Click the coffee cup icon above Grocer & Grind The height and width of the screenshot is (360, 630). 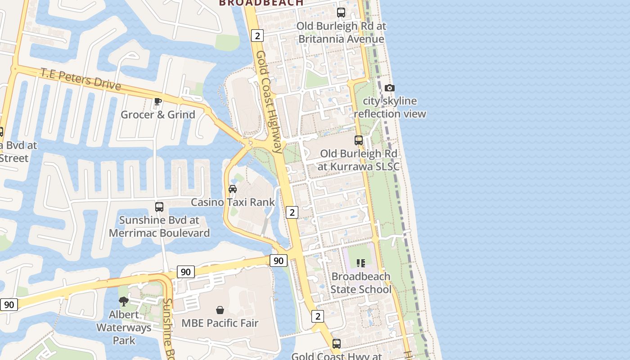pyautogui.click(x=157, y=101)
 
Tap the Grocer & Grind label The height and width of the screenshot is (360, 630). pyautogui.click(x=158, y=114)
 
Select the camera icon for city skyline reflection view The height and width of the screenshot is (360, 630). pyautogui.click(x=390, y=88)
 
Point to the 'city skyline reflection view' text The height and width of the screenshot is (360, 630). pyautogui.click(x=390, y=107)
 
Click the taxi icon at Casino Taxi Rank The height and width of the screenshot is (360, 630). pyautogui.click(x=233, y=189)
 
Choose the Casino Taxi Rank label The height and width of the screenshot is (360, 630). pyautogui.click(x=233, y=202)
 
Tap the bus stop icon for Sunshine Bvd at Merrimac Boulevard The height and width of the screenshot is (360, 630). pyautogui.click(x=159, y=207)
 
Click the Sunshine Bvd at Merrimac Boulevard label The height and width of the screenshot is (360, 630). pyautogui.click(x=159, y=226)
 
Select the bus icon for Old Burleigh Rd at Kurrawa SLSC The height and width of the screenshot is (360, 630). pyautogui.click(x=359, y=140)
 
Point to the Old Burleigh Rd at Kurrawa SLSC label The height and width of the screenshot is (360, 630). pyautogui.click(x=359, y=160)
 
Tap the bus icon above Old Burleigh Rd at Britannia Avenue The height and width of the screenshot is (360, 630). pyautogui.click(x=341, y=13)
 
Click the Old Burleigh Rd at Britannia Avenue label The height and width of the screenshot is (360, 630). pyautogui.click(x=341, y=32)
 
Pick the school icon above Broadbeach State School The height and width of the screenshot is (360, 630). pyautogui.click(x=361, y=263)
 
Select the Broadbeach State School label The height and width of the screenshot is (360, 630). pyautogui.click(x=361, y=283)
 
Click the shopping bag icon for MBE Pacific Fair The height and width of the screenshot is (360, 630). pyautogui.click(x=220, y=310)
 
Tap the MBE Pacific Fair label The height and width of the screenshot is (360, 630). pyautogui.click(x=220, y=323)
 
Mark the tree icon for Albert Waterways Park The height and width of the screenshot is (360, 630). pyautogui.click(x=124, y=301)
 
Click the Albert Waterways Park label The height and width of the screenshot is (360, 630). pyautogui.click(x=124, y=327)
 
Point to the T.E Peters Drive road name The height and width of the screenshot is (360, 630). pyautogui.click(x=81, y=79)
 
